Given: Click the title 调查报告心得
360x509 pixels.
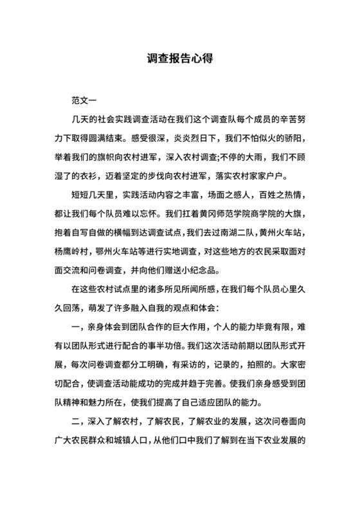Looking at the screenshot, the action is pos(179,58).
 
